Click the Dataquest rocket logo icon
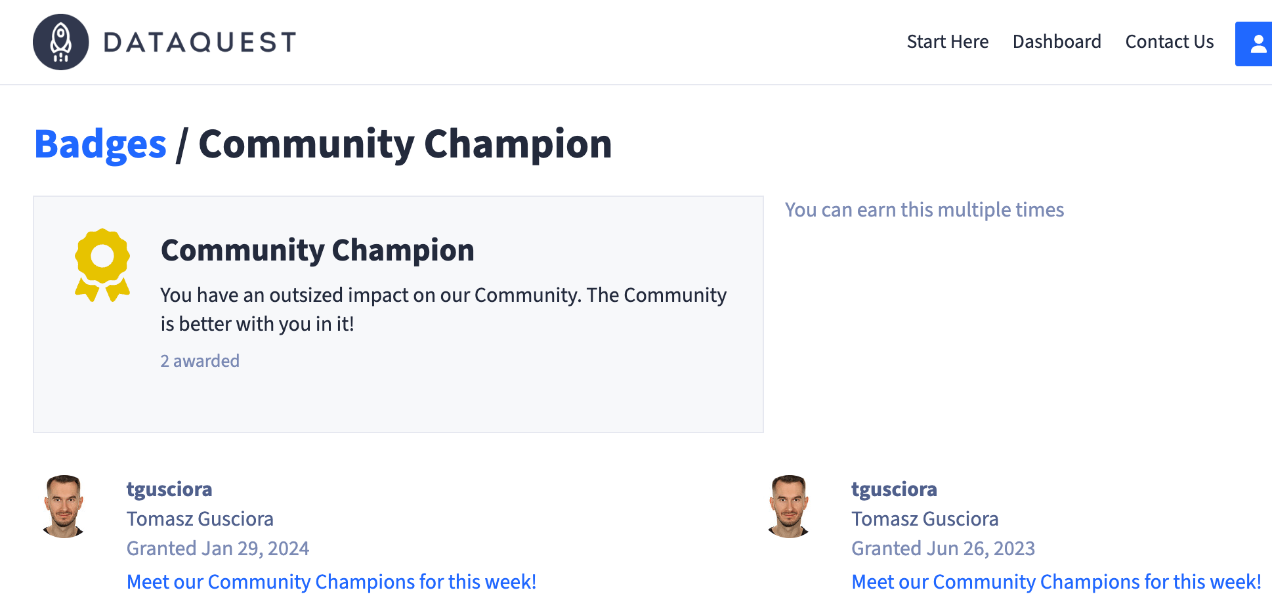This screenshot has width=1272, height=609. [61, 42]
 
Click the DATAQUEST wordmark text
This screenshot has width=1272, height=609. [200, 43]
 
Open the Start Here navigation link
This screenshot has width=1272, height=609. [947, 42]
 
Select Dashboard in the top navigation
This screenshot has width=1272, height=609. [1057, 42]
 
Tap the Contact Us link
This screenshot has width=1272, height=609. [1169, 42]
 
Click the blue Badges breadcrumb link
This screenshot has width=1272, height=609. [100, 144]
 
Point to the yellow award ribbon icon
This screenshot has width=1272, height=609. [102, 264]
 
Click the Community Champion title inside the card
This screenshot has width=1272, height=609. [318, 251]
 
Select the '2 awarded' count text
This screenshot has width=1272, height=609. [200, 361]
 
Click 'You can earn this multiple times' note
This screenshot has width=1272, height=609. [924, 210]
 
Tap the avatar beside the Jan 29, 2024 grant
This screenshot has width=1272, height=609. [64, 506]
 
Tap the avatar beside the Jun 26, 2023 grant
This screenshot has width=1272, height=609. [789, 506]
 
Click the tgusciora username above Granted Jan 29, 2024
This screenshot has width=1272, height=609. [169, 490]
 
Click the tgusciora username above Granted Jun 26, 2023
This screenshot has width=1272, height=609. [894, 490]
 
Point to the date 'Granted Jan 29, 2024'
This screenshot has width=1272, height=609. [218, 549]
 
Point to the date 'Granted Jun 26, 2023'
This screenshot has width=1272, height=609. [943, 549]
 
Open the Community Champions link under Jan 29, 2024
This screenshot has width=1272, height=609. [331, 582]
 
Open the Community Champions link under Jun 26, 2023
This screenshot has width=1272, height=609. [1056, 582]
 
